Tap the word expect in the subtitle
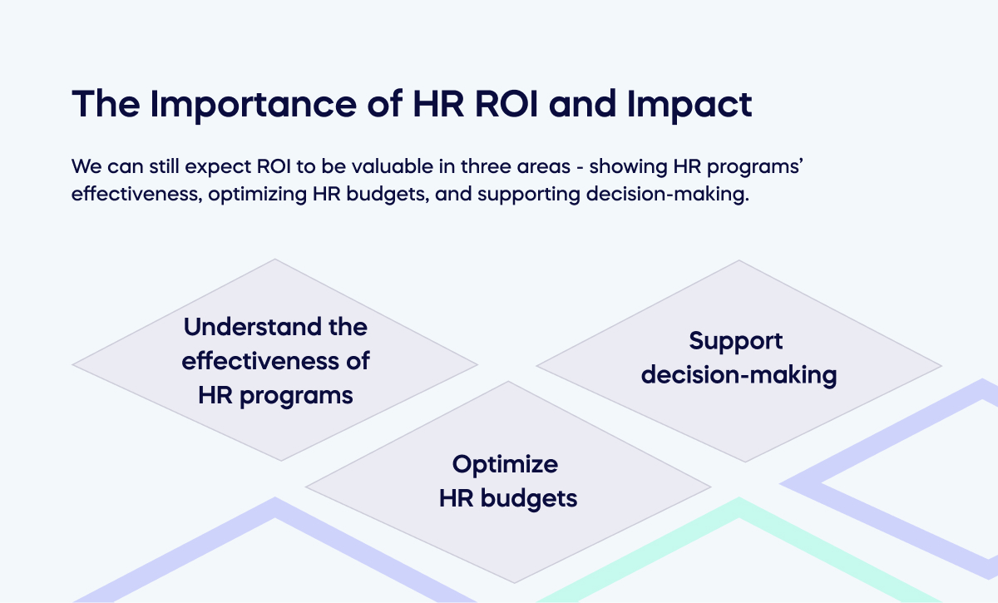pos(220,166)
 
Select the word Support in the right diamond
pos(736,341)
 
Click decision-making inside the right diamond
pos(739,375)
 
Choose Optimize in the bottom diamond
pos(505,464)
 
